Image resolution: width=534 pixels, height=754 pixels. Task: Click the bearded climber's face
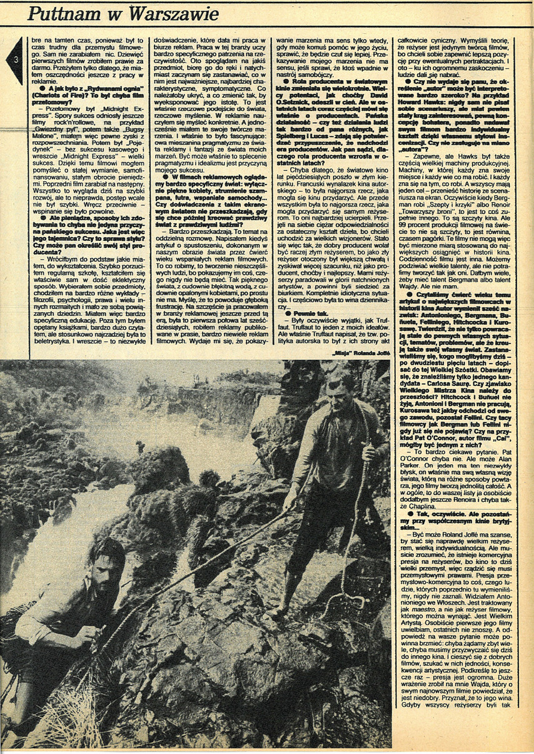click(x=104, y=565)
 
